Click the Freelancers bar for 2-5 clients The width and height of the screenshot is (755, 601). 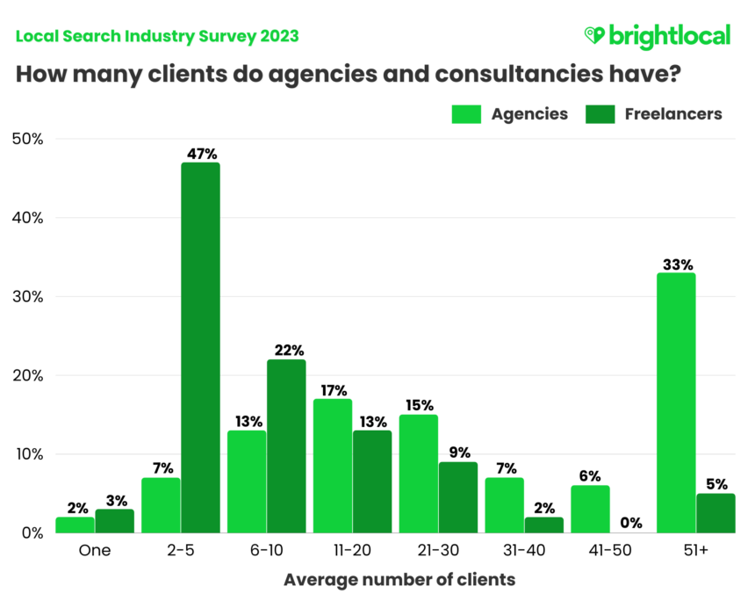click(200, 347)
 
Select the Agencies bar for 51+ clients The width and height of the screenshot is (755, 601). click(676, 402)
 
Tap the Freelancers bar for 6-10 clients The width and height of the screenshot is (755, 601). click(286, 445)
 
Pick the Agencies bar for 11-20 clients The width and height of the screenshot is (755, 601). click(333, 466)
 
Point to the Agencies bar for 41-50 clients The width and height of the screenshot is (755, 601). click(590, 509)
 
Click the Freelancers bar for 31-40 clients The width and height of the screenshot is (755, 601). click(544, 525)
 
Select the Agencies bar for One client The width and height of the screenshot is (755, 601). click(75, 525)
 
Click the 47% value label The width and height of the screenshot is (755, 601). click(201, 154)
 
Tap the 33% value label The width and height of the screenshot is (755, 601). click(677, 264)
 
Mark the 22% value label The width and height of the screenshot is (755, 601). click(287, 351)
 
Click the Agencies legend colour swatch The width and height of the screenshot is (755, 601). click(466, 114)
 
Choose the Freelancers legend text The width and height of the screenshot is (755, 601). click(673, 114)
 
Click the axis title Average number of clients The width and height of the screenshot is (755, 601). click(399, 580)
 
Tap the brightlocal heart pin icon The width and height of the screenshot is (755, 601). click(594, 36)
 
